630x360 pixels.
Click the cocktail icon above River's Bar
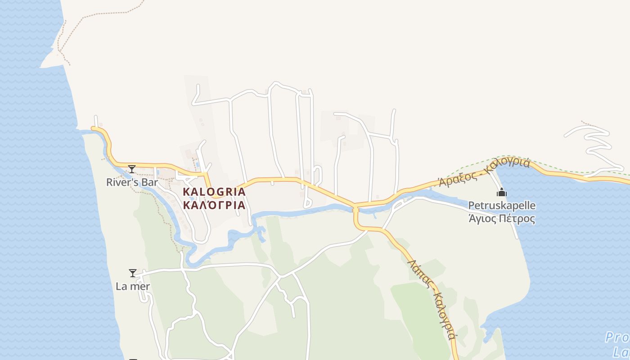[132, 169]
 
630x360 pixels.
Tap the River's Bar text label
[132, 182]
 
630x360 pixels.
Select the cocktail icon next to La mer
[133, 273]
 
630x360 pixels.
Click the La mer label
[133, 286]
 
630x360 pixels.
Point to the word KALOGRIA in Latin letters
[214, 192]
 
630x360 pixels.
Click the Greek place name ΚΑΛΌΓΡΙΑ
[214, 205]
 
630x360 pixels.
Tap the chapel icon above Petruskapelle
[501, 193]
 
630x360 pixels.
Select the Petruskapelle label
[502, 206]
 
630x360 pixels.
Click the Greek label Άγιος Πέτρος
[502, 219]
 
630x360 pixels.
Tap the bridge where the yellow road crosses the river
[355, 208]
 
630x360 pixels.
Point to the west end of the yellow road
[94, 129]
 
